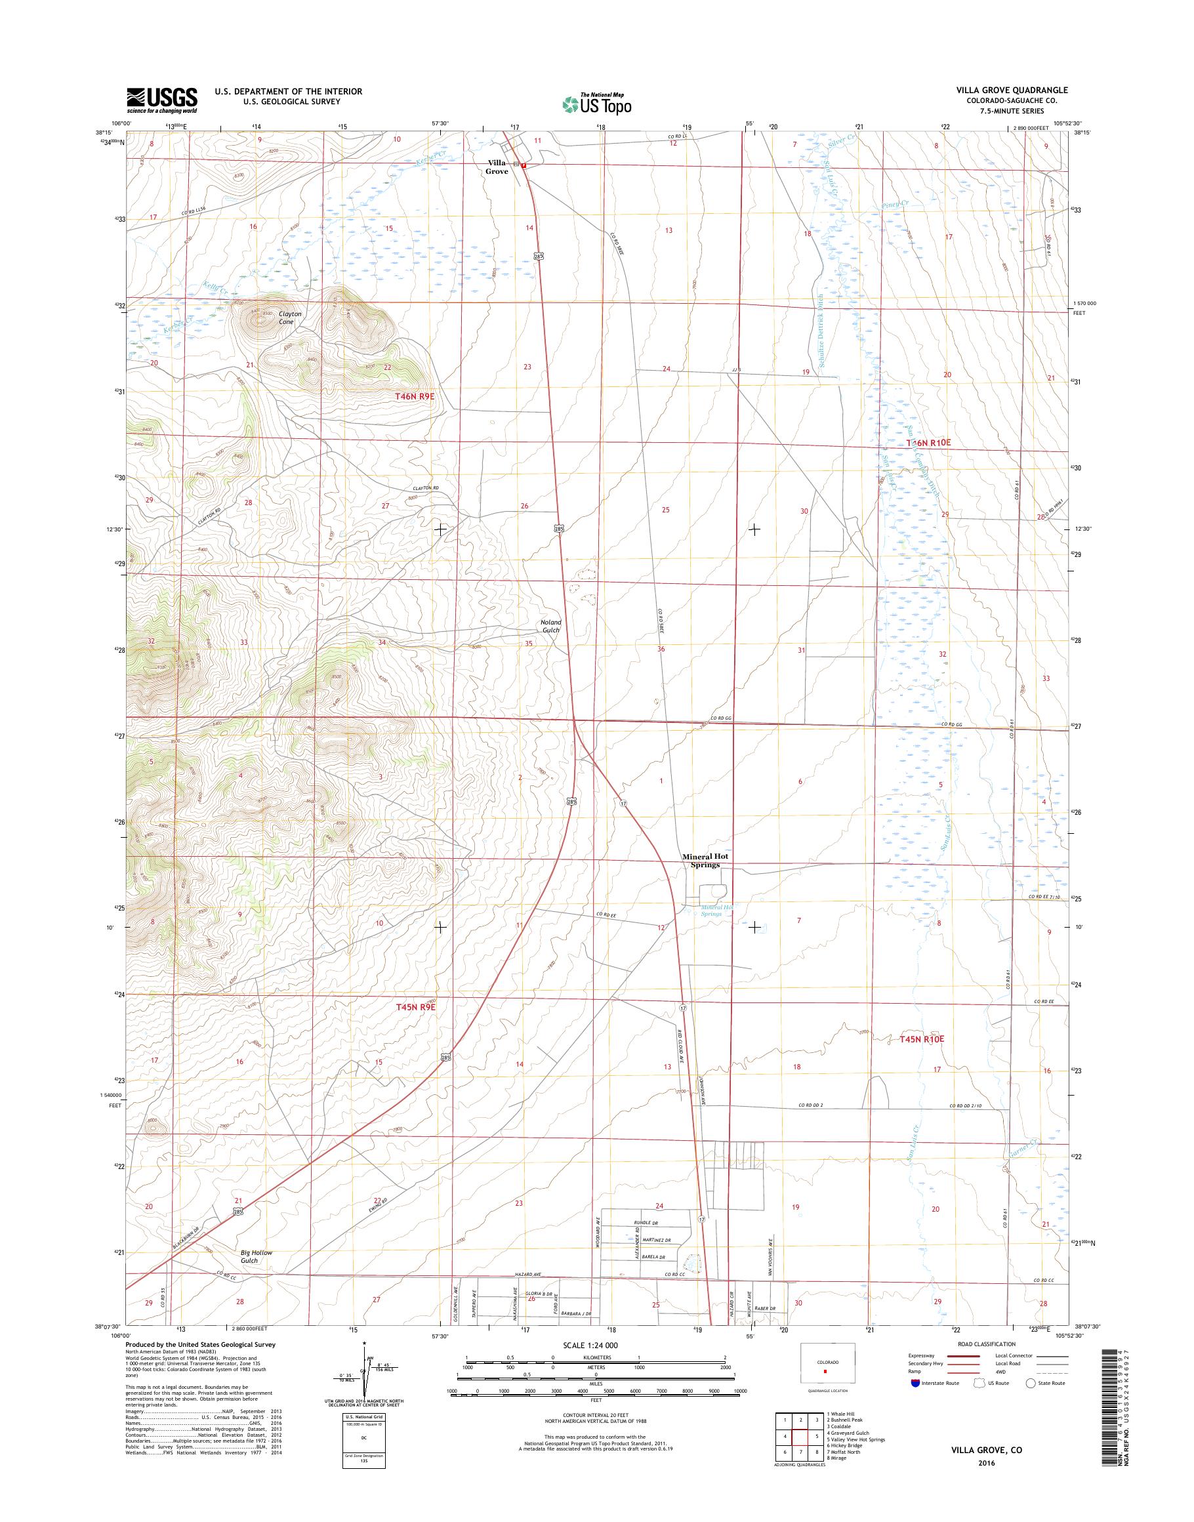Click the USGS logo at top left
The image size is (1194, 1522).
coord(161,100)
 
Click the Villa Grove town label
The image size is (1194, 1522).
coord(498,167)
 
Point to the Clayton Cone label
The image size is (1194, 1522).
coord(290,318)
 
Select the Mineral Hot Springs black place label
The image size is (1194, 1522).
coord(701,860)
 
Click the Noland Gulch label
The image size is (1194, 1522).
coord(550,626)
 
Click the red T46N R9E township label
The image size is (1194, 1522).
coord(415,396)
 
